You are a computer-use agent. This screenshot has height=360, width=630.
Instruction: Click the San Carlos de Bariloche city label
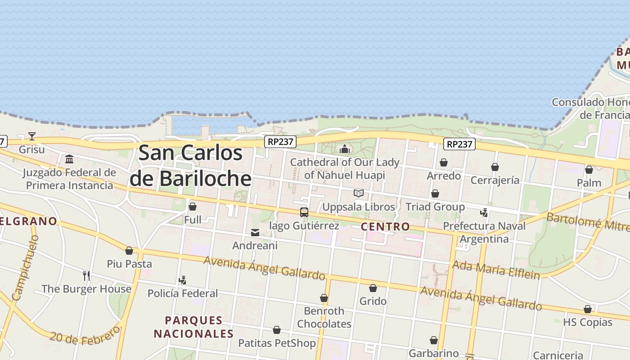coord(190,166)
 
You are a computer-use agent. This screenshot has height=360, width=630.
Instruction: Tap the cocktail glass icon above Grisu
coord(31,136)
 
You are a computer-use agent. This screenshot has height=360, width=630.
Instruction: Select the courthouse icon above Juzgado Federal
coord(69,159)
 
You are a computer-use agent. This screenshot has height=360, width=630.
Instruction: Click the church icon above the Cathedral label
coord(345,149)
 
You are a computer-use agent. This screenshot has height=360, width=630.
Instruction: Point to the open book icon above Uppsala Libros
coord(358,193)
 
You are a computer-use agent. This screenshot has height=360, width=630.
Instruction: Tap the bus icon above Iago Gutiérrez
coord(304,212)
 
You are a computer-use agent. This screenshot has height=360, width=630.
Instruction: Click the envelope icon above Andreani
coord(255,233)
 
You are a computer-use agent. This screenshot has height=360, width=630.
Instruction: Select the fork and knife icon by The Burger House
coord(86,275)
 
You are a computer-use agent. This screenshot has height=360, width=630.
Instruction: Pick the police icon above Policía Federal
coord(182,280)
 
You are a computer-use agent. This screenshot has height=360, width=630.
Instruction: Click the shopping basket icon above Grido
coord(373,288)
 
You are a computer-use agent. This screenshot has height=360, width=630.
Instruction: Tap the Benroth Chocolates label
coord(324,317)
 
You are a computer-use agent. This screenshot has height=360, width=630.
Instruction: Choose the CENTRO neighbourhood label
coord(385,226)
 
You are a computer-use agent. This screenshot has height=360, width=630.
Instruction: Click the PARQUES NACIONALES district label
coord(194,327)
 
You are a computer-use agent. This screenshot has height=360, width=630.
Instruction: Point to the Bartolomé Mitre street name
coord(587,224)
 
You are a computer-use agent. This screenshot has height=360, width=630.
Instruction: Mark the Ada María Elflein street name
coord(495,269)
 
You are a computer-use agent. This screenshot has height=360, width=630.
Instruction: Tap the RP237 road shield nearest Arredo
coord(459,144)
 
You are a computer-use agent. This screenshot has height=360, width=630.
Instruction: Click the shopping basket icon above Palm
coord(589,170)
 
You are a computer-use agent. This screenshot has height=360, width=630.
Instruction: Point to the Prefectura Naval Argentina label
coord(484,232)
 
